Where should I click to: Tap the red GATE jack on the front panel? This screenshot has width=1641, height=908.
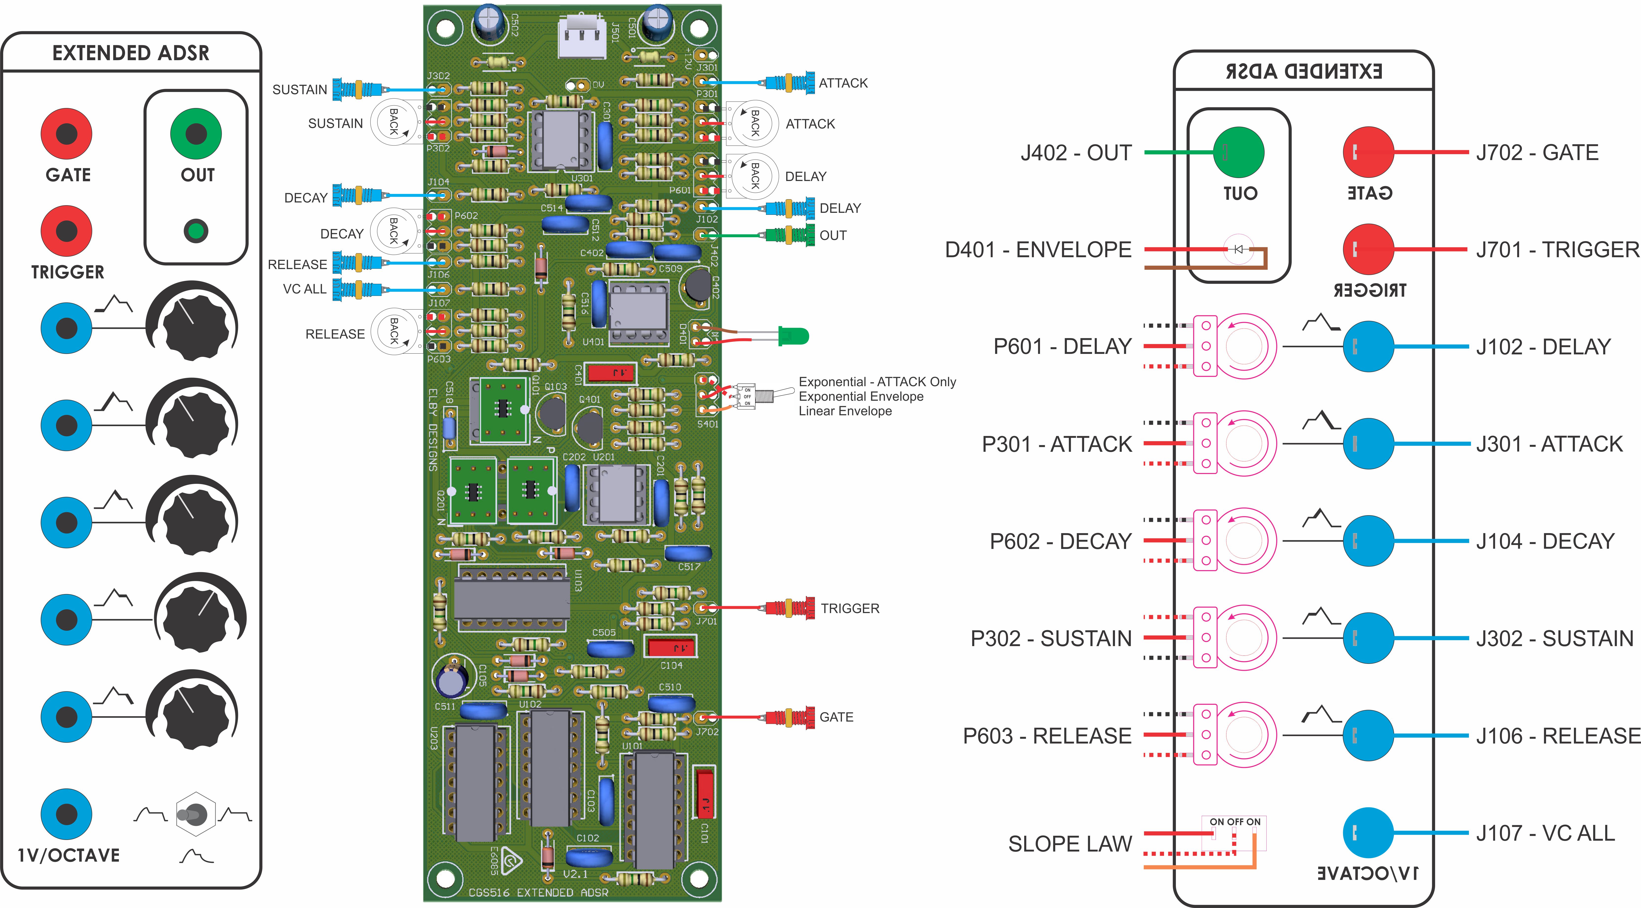67,134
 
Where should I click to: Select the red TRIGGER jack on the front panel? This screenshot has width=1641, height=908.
67,231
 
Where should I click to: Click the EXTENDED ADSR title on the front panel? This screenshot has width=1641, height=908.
131,53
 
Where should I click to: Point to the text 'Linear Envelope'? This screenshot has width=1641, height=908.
845,411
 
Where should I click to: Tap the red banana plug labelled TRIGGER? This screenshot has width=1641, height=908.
790,608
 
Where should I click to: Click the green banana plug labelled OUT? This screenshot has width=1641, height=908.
790,235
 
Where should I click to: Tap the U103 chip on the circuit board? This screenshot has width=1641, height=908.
511,599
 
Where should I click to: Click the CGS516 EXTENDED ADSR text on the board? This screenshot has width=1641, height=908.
538,892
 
